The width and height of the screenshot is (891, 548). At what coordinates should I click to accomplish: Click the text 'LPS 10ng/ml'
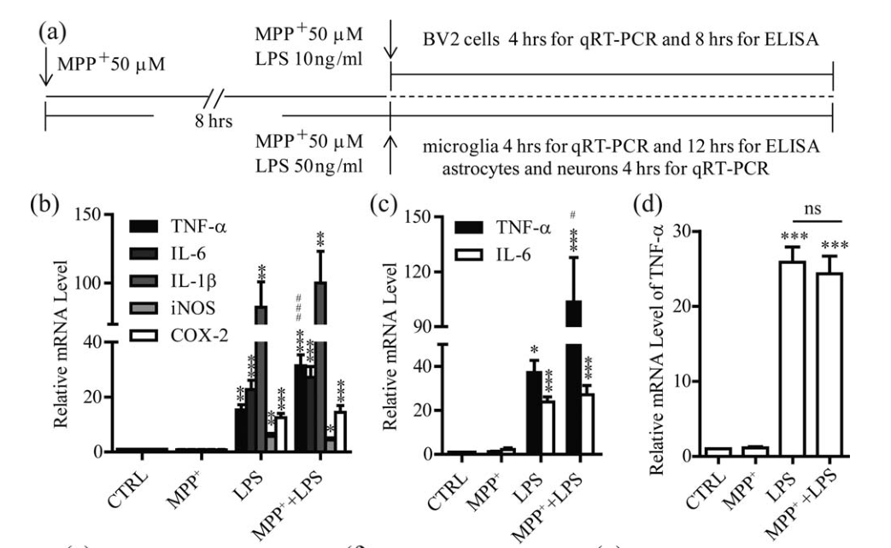(x=325, y=62)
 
